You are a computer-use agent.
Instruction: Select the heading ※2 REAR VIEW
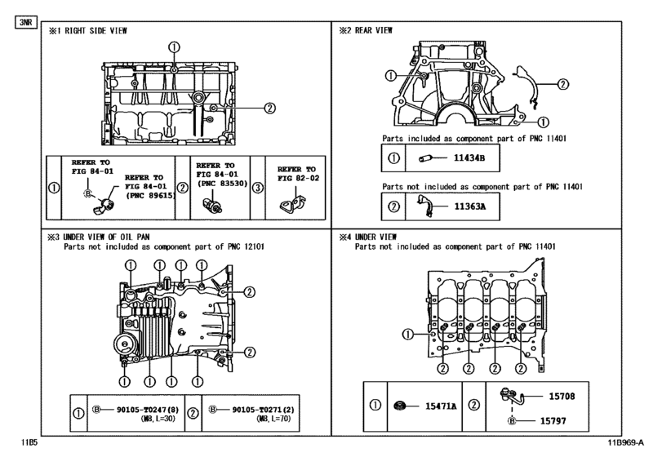point(367,30)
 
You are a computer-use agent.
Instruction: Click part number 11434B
point(470,157)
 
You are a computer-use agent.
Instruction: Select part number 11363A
point(470,206)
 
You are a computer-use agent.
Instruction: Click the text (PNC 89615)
point(149,196)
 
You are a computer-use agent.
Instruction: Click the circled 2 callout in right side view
point(269,106)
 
